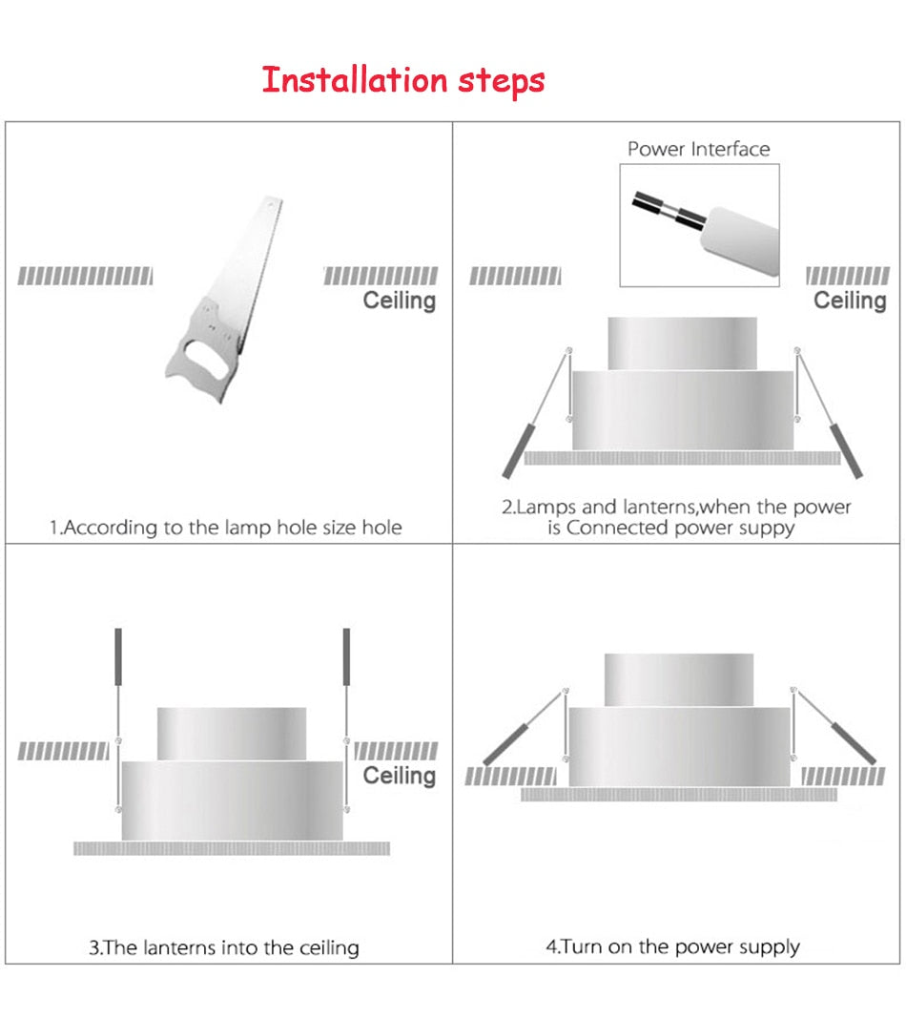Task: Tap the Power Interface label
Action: pyautogui.click(x=698, y=149)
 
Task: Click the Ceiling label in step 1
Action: pyautogui.click(x=399, y=301)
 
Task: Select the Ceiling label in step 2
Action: pyautogui.click(x=850, y=301)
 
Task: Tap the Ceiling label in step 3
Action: pyautogui.click(x=399, y=776)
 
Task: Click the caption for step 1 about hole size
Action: pyautogui.click(x=226, y=528)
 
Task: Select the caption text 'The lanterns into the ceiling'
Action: pyautogui.click(x=225, y=947)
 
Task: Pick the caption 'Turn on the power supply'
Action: pyautogui.click(x=673, y=946)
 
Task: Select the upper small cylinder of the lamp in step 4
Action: pyautogui.click(x=678, y=679)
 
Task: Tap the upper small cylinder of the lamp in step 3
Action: pyautogui.click(x=232, y=733)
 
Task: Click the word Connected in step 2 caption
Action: pyautogui.click(x=618, y=529)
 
